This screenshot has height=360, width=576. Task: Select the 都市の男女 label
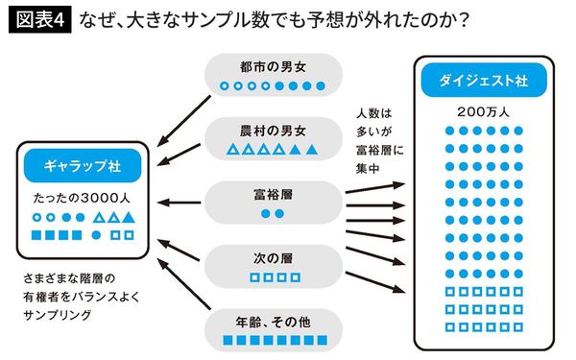(273, 68)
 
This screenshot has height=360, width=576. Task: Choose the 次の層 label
(273, 257)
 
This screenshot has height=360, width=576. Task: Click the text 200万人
(476, 112)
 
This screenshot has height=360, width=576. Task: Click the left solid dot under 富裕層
(266, 214)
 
